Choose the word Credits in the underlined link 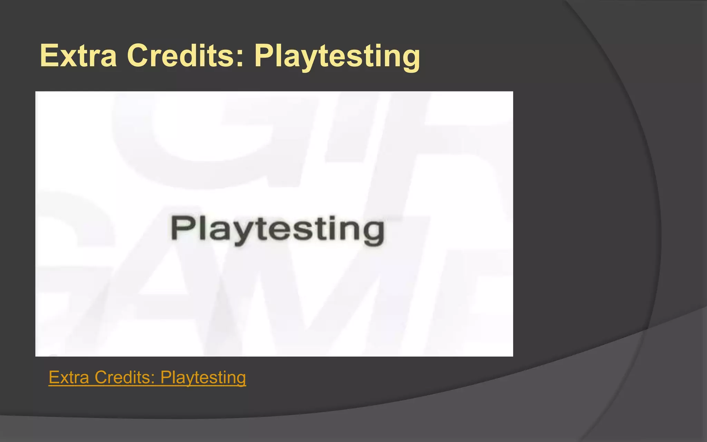pyautogui.click(x=123, y=377)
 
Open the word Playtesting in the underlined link pyautogui.click(x=203, y=378)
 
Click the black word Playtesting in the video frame pyautogui.click(x=278, y=230)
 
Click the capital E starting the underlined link pyautogui.click(x=54, y=377)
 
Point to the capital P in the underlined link pyautogui.click(x=166, y=377)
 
